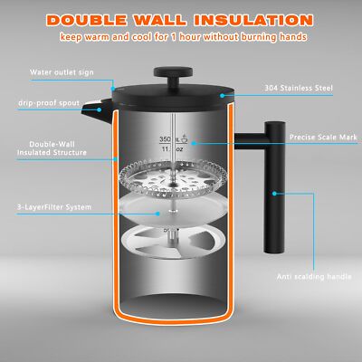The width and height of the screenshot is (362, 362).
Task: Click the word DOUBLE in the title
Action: [87, 20]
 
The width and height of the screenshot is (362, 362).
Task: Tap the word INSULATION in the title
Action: [253, 20]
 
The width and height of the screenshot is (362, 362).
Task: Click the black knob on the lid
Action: [173, 76]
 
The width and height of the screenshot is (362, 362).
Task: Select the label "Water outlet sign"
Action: [62, 72]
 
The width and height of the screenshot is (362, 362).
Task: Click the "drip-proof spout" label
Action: [49, 103]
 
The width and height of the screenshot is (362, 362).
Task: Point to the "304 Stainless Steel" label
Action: [299, 88]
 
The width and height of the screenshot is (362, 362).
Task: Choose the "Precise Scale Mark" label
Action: [323, 138]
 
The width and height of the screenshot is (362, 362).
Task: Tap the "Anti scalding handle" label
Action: [314, 277]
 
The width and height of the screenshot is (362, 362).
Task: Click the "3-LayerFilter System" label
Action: [53, 207]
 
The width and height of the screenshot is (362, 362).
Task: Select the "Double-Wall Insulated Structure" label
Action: [52, 148]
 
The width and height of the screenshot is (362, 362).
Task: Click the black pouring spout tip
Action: [88, 109]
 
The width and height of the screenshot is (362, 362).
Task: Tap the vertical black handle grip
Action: [274, 187]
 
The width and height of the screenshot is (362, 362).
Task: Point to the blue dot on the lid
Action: [222, 96]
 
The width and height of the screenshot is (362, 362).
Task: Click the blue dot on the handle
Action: [274, 194]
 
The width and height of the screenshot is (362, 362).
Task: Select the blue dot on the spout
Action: [99, 110]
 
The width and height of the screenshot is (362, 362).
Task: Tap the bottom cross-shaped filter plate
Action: [173, 241]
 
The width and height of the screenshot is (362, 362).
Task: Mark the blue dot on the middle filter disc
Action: [157, 214]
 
